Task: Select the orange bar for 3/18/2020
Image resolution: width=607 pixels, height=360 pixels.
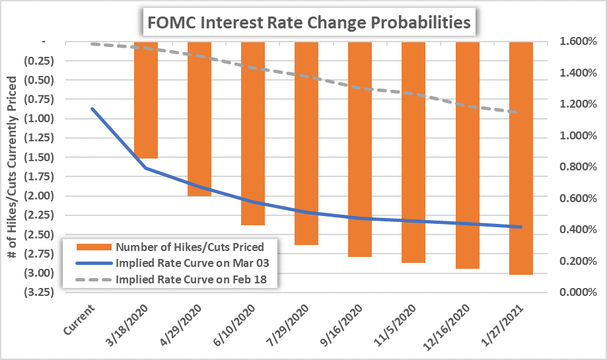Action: pyautogui.click(x=146, y=99)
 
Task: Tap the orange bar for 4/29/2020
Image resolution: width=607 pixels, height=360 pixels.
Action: pyautogui.click(x=199, y=119)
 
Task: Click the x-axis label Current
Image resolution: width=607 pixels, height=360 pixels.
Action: pyautogui.click(x=80, y=316)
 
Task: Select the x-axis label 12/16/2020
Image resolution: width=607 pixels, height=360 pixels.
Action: pyautogui.click(x=449, y=324)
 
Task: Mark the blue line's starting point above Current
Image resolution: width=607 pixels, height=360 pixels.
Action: pyautogui.click(x=92, y=108)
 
